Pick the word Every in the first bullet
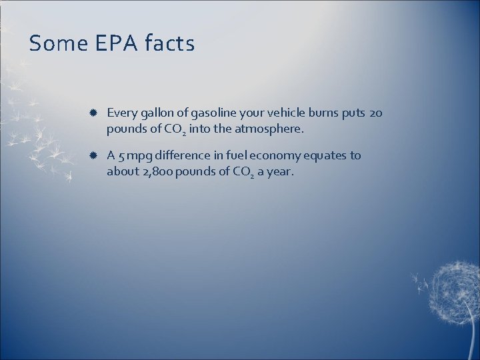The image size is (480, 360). tap(121, 113)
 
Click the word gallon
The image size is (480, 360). tap(155, 113)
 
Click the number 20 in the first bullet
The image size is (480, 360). tap(375, 113)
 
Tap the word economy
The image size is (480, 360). tap(270, 156)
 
